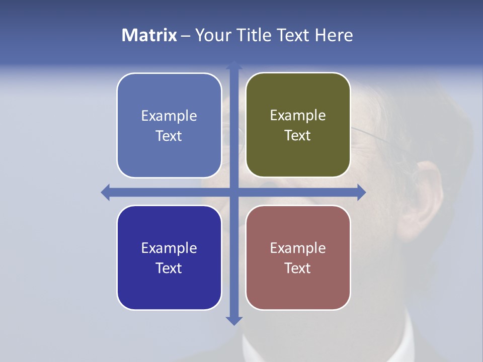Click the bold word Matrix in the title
(149, 35)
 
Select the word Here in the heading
(334, 35)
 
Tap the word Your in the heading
(213, 35)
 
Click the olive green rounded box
(298, 125)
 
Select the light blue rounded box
(169, 125)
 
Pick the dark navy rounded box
(169, 257)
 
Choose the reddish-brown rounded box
(298, 257)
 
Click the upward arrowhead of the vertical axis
(234, 65)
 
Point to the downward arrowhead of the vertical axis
(234, 320)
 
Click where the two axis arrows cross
(234, 192)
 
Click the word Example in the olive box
(298, 116)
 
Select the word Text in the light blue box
(169, 136)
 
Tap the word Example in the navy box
(169, 248)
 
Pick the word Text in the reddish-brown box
(298, 268)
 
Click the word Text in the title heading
(294, 35)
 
